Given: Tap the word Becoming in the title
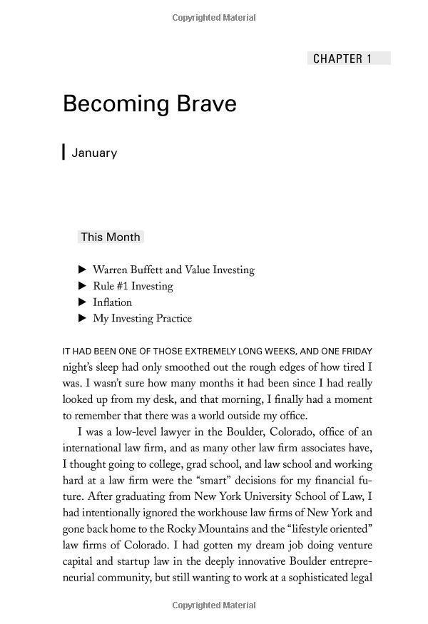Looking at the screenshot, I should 114,104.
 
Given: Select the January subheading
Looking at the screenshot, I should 94,153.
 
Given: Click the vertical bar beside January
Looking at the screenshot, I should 64,152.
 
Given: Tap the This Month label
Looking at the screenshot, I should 111,237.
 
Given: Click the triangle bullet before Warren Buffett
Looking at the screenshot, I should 82,270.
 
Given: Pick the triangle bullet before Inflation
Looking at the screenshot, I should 82,302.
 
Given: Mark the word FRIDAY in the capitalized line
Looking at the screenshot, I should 355,352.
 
